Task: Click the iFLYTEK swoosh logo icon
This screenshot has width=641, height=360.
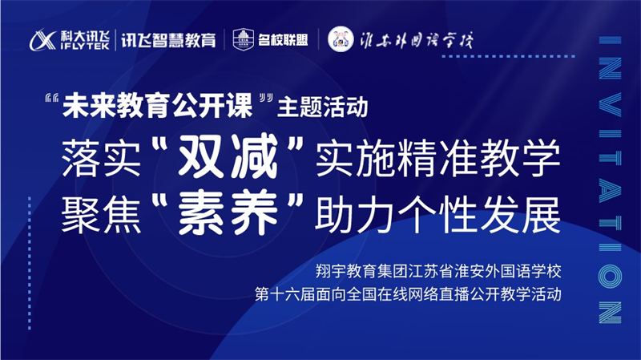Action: [42, 40]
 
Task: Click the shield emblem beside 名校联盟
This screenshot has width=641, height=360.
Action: [244, 39]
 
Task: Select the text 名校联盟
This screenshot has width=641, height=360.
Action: [283, 40]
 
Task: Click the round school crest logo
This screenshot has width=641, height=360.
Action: [341, 39]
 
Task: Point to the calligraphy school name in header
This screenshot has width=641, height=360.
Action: [417, 40]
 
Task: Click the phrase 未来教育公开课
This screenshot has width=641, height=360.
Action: [157, 106]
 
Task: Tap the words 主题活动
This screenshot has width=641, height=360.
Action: [323, 107]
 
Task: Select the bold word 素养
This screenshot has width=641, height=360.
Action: [228, 213]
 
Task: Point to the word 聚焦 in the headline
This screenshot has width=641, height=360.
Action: [101, 214]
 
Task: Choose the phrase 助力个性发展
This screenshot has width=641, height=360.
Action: [437, 214]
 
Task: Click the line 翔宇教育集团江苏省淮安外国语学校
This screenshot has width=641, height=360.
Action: [438, 271]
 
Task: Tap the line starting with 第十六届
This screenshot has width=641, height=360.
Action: [408, 294]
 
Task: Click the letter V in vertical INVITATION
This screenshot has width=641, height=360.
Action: [610, 105]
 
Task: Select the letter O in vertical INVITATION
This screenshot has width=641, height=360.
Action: [610, 276]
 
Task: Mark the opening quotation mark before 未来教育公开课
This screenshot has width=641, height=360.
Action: [52, 99]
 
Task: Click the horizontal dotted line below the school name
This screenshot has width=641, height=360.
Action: [509, 56]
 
